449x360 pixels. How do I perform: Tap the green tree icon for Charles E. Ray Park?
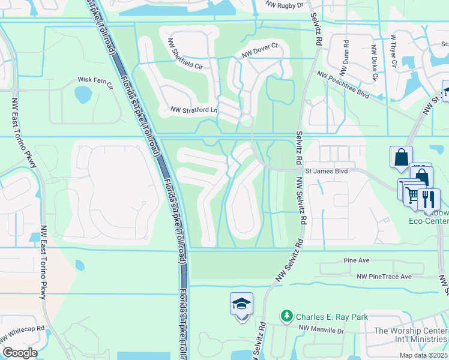point(288,316)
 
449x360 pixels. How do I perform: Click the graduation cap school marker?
point(241,304)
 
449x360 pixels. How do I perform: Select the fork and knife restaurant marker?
point(429,199)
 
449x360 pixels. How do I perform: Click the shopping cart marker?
point(411,194)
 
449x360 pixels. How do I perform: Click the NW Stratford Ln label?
point(193,110)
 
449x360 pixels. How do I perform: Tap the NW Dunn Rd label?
point(346,53)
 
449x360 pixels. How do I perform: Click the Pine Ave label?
point(355,261)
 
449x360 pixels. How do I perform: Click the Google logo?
point(19,353)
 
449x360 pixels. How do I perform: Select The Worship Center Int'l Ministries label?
point(410,335)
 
